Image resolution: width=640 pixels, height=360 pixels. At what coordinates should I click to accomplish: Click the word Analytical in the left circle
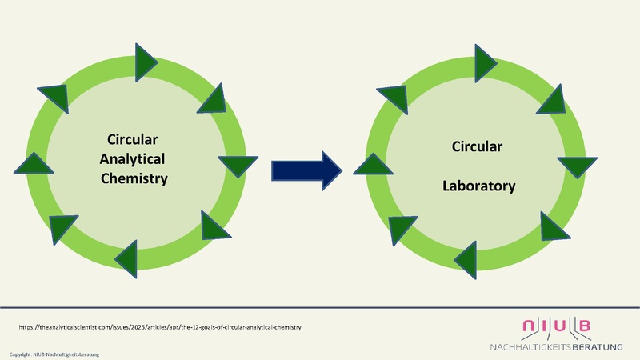point(134,158)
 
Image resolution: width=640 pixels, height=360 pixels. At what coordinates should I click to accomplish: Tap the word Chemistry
point(134,178)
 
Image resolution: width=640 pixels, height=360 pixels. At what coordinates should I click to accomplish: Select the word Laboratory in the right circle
point(479,186)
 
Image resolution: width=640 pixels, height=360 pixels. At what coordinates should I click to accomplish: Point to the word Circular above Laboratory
point(477,147)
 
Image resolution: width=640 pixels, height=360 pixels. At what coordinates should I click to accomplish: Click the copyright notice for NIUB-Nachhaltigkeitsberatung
point(55,354)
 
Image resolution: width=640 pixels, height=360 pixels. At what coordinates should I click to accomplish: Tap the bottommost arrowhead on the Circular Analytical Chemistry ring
point(129,255)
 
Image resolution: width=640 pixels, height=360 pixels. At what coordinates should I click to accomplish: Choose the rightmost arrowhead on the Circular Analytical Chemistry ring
point(232,165)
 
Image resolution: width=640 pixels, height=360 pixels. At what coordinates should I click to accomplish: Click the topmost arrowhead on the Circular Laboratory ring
point(486,58)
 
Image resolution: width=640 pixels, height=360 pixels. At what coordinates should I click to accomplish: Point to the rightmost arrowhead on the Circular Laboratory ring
point(576,166)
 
